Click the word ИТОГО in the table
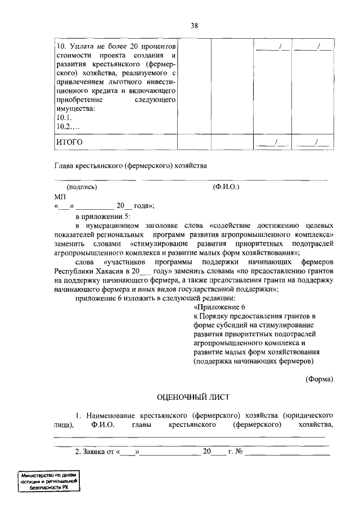pyautogui.click(x=69, y=142)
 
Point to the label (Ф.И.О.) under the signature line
pyautogui.click(x=226, y=187)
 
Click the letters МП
pyautogui.click(x=60, y=197)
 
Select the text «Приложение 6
pyautogui.click(x=220, y=307)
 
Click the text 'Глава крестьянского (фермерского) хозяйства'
pyautogui.click(x=131, y=166)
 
